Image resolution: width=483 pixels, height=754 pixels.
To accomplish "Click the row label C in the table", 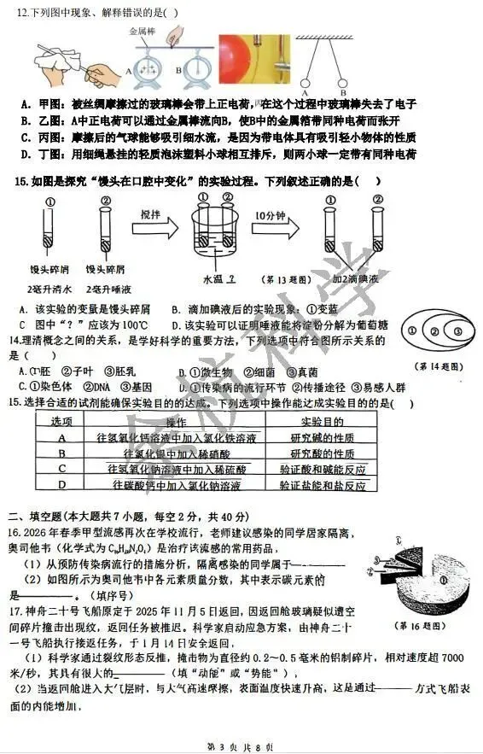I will pyautogui.click(x=62, y=469).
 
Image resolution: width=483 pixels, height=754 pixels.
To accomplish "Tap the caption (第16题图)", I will pyautogui.click(x=417, y=624).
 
